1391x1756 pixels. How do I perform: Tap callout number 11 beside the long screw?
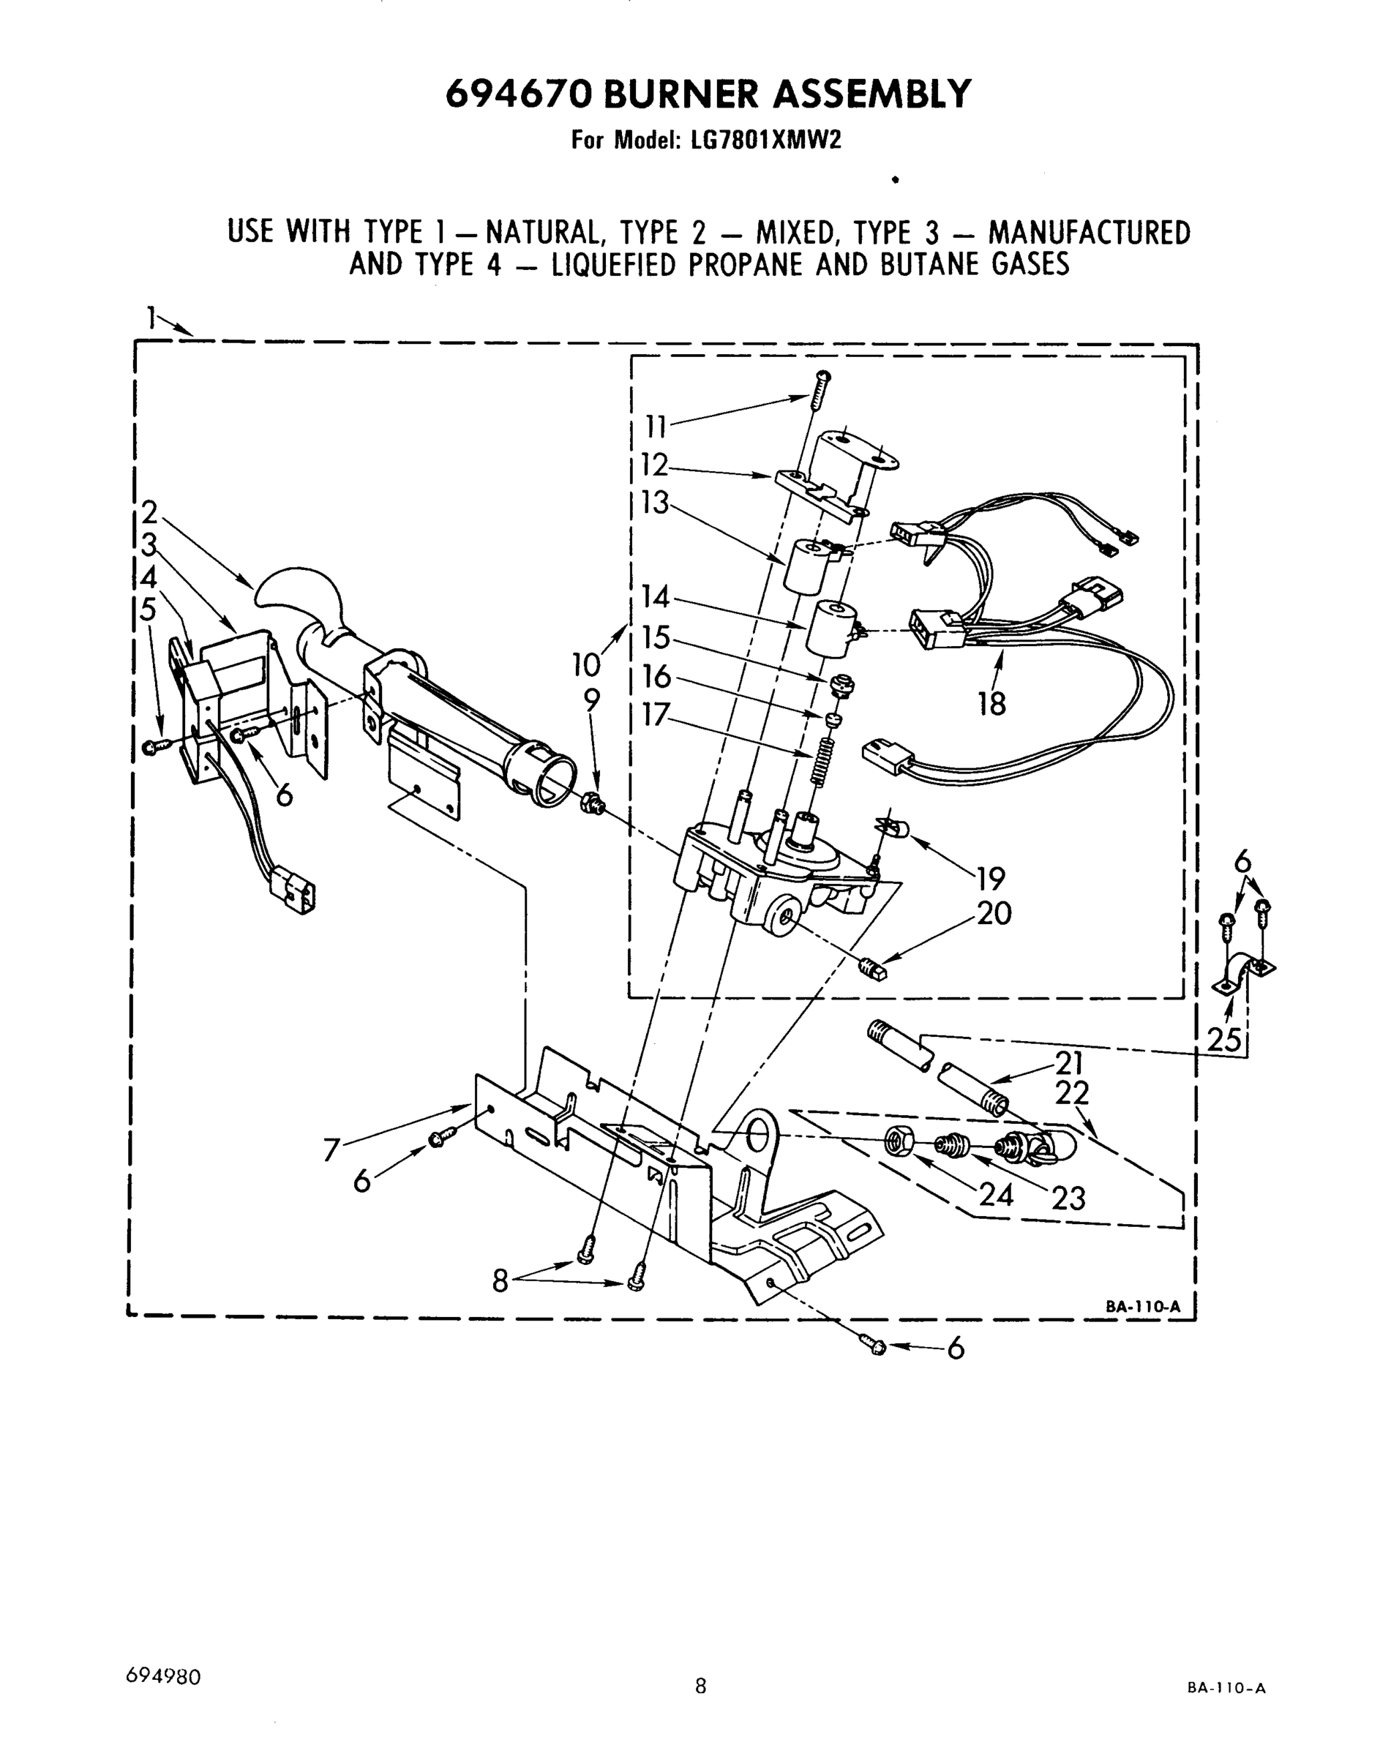(x=656, y=426)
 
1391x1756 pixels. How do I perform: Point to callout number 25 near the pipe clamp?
(x=1224, y=1040)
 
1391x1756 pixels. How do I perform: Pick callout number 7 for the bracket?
(x=331, y=1150)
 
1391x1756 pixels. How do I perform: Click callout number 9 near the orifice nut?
(x=591, y=699)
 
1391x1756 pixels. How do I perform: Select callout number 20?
(x=994, y=914)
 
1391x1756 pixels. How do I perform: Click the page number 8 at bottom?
(x=700, y=1685)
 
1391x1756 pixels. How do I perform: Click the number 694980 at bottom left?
(x=164, y=1676)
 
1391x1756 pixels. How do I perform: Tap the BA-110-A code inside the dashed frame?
(x=1141, y=1307)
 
